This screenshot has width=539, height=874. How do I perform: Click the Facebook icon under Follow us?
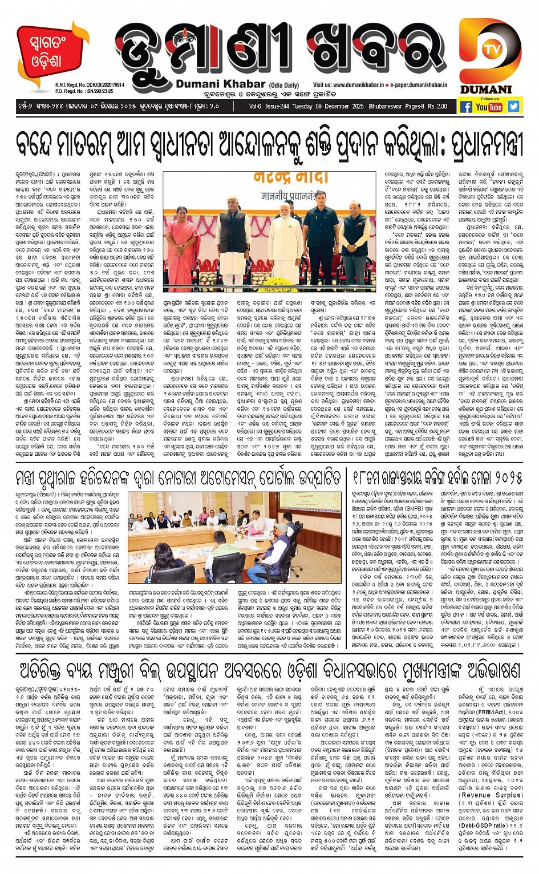click(466, 107)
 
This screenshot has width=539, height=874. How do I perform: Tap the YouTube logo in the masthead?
click(489, 107)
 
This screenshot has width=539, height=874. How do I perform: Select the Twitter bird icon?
click(513, 106)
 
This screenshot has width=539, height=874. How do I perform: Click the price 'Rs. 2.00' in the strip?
click(436, 107)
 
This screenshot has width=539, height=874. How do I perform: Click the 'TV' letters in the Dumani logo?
click(489, 50)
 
